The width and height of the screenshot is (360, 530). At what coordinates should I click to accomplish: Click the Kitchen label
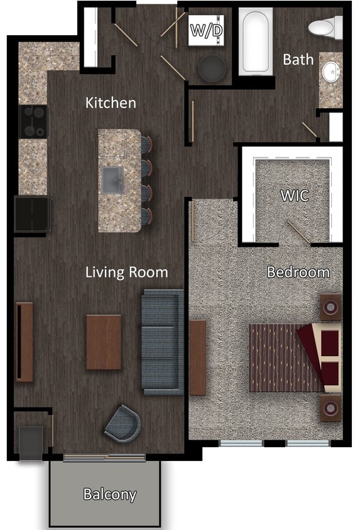point(111,102)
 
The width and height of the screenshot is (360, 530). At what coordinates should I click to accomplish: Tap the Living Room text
point(127,272)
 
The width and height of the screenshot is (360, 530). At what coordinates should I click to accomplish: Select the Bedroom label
point(298,273)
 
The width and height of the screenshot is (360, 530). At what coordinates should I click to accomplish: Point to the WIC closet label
point(294,195)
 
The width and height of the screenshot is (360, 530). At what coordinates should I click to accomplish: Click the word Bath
point(298,60)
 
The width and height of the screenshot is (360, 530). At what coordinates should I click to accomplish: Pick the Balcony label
point(110,494)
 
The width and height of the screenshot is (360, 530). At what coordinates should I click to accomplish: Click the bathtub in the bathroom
point(254,43)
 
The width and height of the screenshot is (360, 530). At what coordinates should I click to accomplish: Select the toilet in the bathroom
point(326,27)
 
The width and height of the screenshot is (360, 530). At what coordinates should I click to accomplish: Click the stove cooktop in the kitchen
point(34,121)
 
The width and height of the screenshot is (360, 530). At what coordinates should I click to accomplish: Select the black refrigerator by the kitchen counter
point(33,214)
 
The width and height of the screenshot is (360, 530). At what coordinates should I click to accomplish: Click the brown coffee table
point(104,342)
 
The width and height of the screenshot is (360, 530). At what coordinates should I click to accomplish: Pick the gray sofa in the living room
point(163,342)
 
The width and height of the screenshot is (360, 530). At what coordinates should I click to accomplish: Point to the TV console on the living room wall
point(25,342)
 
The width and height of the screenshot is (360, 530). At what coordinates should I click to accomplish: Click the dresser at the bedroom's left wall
point(198,357)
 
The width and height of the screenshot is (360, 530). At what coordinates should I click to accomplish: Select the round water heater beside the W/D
point(212,68)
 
